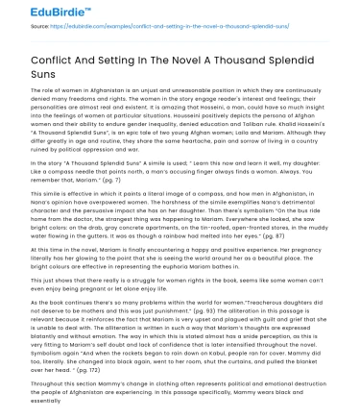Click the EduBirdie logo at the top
click(38, 12)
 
